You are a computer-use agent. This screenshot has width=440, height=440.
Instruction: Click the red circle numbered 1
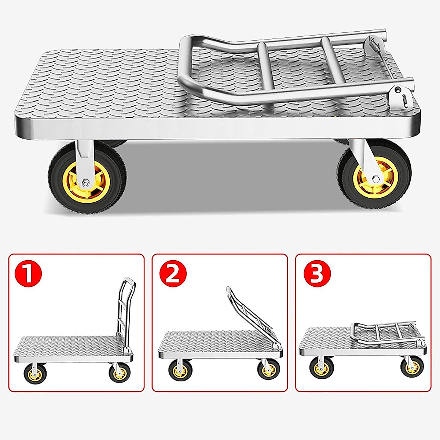tap(29, 274)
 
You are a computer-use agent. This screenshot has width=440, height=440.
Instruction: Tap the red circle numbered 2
tap(173, 274)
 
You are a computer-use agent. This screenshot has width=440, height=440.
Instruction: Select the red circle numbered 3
tap(317, 274)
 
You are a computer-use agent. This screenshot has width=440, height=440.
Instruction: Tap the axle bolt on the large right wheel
tap(375, 179)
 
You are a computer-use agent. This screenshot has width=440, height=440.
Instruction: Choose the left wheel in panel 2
tap(180, 370)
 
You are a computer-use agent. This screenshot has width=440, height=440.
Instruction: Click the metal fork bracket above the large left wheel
tap(84, 156)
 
